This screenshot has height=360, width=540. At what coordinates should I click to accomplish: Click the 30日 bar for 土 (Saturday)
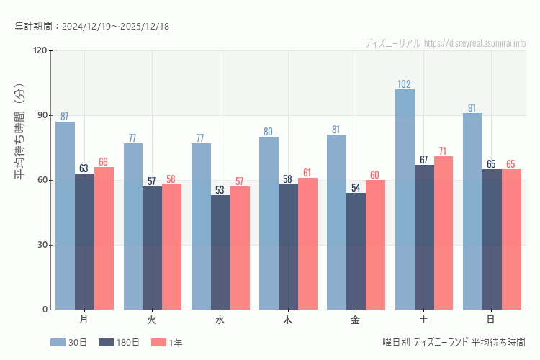pos(405,199)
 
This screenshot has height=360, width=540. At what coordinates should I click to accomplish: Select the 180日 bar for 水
pos(220,252)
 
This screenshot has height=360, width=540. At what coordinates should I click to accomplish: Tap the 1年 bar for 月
pos(104,238)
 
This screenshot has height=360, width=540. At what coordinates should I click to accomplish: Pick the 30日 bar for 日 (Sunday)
pos(472,211)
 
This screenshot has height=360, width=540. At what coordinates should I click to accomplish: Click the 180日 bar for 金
pos(356,251)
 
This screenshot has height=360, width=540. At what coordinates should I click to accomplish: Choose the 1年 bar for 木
pos(307,243)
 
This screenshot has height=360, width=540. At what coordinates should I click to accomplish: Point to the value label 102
pos(405,84)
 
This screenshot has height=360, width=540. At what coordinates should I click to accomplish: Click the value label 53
pos(220,190)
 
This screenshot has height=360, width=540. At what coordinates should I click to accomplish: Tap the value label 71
pos(444,151)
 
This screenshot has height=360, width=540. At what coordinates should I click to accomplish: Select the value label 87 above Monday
pos(65,117)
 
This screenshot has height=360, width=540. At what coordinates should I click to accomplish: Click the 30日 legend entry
pos(68,343)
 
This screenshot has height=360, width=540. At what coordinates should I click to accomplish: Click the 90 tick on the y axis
pos(42,115)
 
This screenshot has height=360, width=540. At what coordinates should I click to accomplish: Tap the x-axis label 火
pos(152,319)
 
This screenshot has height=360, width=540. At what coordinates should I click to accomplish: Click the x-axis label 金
pos(356,319)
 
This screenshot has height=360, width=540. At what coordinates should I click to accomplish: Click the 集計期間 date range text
pos(91,27)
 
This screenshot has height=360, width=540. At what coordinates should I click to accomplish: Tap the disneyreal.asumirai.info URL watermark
pos(475,43)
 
